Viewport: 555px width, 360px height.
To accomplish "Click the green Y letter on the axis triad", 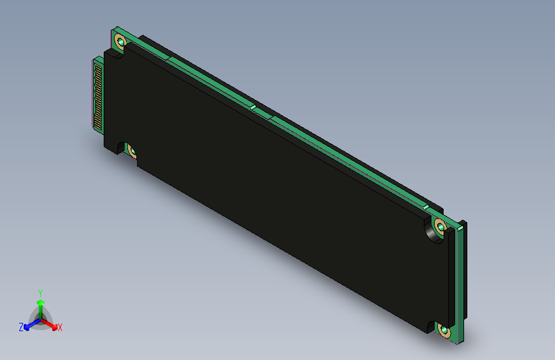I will (x=40, y=292).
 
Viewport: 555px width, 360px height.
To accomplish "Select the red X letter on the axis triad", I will (x=60, y=328).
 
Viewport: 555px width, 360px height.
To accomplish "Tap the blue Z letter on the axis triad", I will (x=21, y=327).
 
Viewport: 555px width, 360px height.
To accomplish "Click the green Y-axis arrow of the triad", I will (x=40, y=304).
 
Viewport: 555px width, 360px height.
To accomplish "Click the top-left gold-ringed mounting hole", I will (x=120, y=43).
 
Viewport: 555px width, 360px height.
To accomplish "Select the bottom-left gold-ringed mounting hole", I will (x=132, y=151).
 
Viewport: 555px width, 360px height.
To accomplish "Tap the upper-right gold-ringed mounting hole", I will (x=440, y=226).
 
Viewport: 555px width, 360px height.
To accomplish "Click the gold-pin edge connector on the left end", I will (x=98, y=93).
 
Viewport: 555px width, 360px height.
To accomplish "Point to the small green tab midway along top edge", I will (x=253, y=108).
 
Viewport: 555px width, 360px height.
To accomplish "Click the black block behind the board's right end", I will (x=463, y=269).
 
